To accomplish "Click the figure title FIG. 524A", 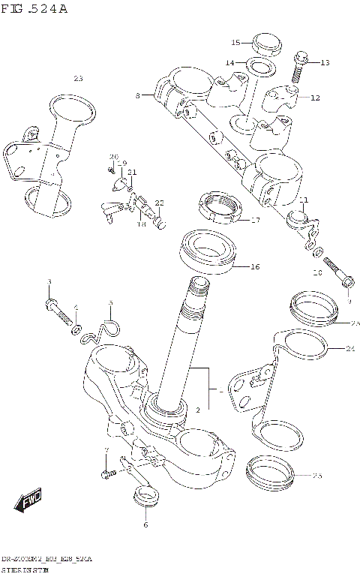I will point(34,9).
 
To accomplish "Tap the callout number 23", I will point(79,79).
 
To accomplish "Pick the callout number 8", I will point(138,95).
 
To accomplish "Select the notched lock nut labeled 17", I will point(217,209).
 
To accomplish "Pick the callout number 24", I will point(350,348).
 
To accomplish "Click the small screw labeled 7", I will point(106,473).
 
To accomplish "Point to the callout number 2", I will point(196,410).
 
